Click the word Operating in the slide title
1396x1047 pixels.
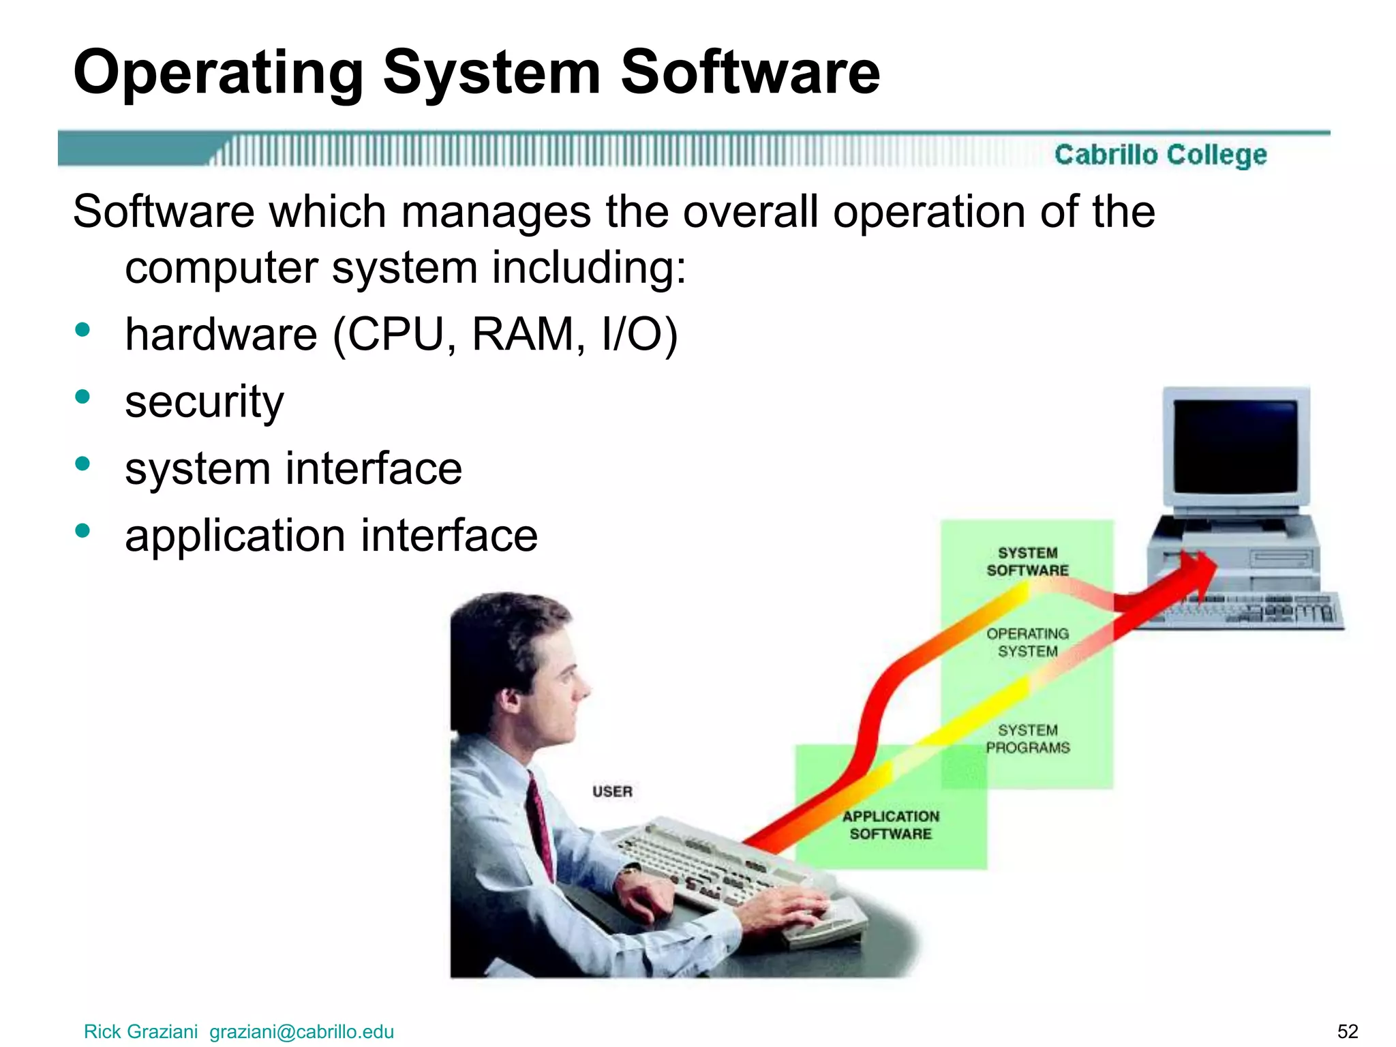coord(218,74)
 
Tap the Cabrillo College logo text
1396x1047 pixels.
coord(1160,155)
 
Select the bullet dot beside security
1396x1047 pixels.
coord(83,397)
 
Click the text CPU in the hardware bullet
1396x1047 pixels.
coord(395,335)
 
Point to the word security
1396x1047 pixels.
coord(204,401)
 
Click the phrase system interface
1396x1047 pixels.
coord(293,468)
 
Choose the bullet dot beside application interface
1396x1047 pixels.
coord(83,530)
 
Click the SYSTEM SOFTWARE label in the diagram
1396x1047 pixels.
coord(1027,561)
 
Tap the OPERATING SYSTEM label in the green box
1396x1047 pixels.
coord(1027,642)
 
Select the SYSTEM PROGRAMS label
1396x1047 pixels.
coord(1027,739)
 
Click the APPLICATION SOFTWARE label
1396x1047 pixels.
coord(890,825)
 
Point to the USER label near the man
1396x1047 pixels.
coord(612,791)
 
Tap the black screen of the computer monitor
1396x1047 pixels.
coord(1235,446)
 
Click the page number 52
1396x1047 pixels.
coord(1348,1031)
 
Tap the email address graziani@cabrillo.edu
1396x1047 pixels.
coord(301,1031)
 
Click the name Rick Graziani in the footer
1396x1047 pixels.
coord(140,1031)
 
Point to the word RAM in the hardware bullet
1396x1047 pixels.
coord(523,335)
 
